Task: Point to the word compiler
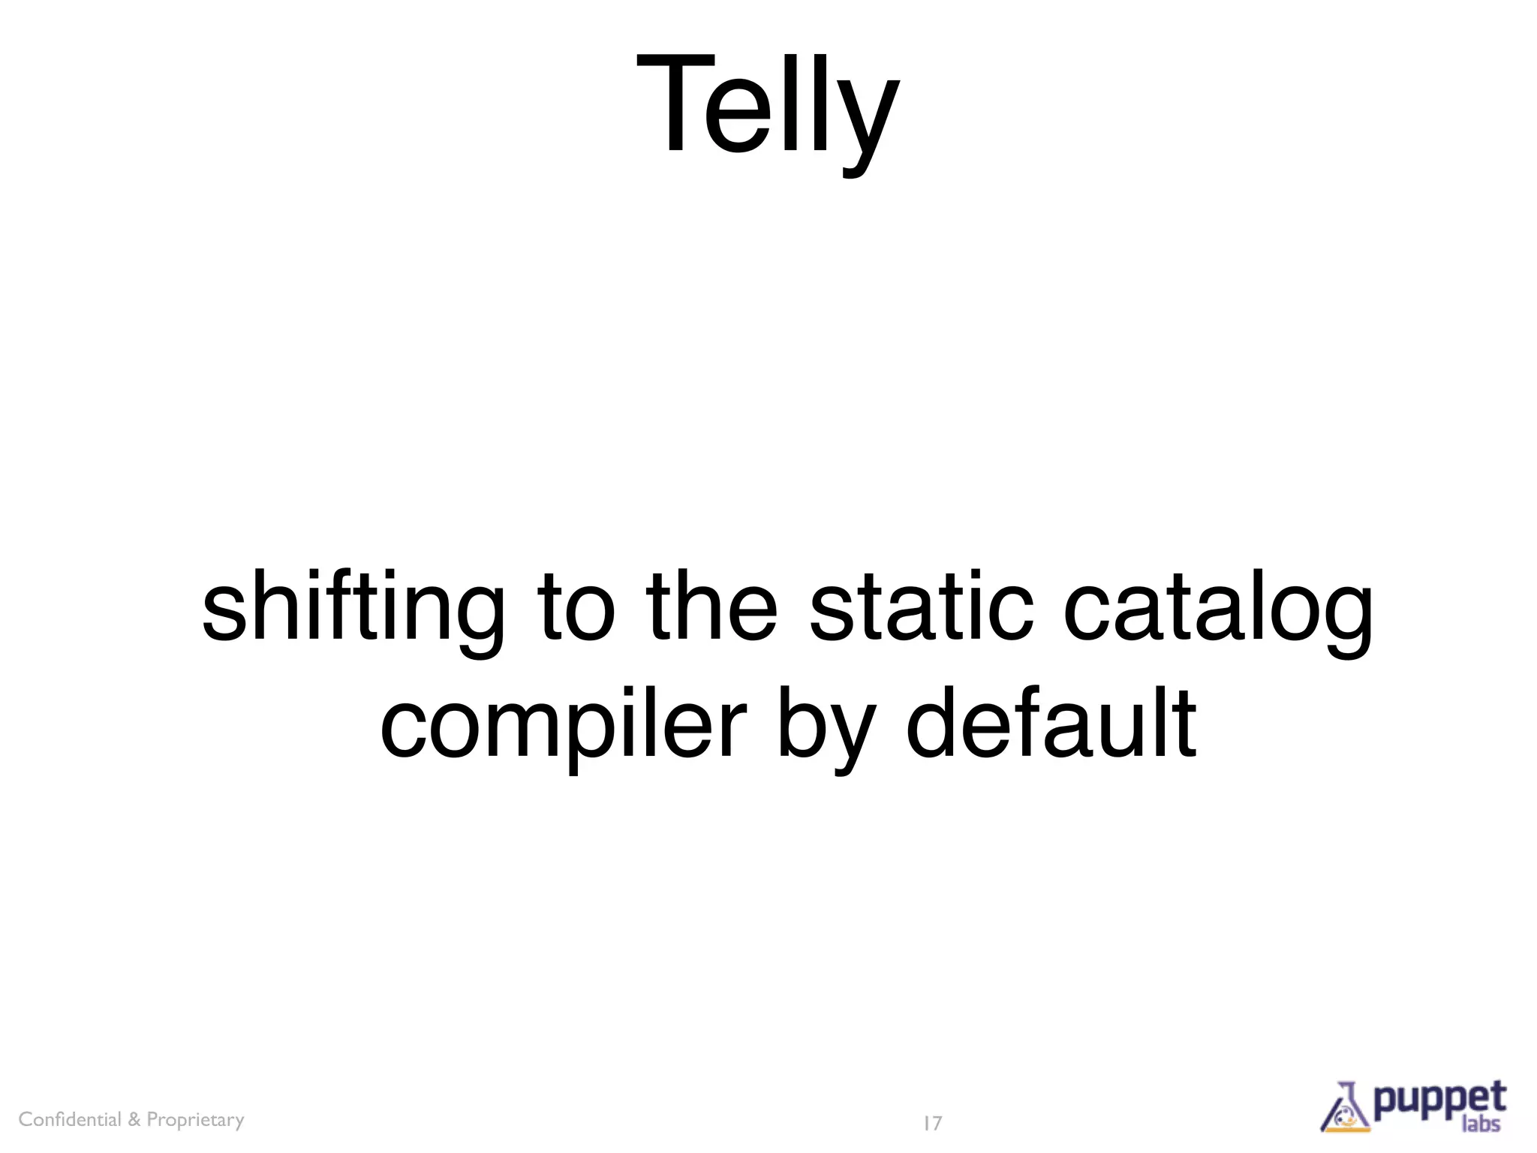click(x=563, y=724)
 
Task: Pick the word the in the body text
click(x=711, y=605)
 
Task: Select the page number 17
click(x=932, y=1124)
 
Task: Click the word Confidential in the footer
click(x=70, y=1119)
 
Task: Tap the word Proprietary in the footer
click(x=195, y=1120)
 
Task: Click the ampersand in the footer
click(x=134, y=1120)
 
